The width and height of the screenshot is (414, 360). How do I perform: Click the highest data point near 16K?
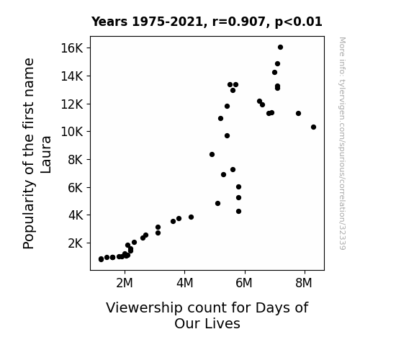point(280,48)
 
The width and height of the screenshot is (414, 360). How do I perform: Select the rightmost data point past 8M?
point(313,127)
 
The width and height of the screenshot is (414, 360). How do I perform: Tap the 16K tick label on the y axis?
point(72,48)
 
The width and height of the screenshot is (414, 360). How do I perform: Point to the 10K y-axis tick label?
point(72,132)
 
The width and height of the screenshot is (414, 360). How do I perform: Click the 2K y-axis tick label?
point(76,243)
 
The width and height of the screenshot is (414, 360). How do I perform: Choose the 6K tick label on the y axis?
point(76,187)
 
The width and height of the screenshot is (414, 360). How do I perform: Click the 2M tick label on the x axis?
point(125,283)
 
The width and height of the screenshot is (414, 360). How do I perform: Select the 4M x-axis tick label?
point(185,283)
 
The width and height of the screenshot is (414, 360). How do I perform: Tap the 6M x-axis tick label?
point(244,283)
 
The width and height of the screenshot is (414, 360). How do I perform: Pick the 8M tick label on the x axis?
point(304,283)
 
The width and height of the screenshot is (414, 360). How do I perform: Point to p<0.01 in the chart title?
point(299,22)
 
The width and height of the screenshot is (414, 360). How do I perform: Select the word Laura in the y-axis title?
point(46,155)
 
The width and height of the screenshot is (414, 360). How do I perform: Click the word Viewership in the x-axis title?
point(144,308)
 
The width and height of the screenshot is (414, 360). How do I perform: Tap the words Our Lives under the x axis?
point(207,323)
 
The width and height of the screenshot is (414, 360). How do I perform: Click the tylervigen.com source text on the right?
point(342,143)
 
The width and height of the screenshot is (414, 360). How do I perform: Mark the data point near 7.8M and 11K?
point(298,113)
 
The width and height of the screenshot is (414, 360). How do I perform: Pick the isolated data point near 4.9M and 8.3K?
point(212,155)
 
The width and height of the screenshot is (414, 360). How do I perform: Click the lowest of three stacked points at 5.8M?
point(239,211)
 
